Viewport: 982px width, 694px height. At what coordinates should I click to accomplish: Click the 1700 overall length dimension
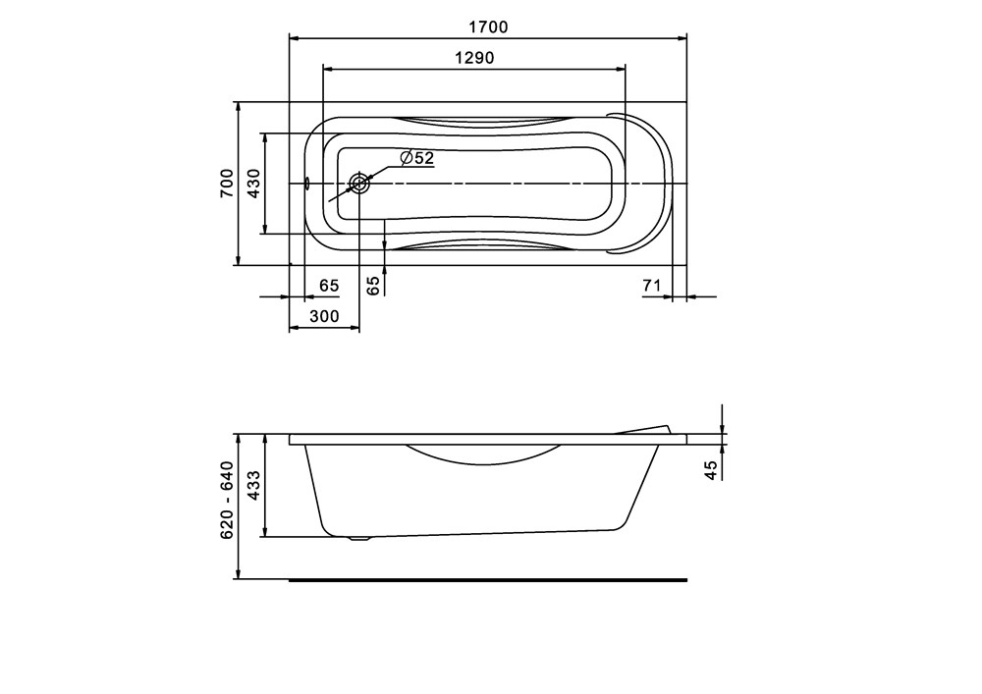pos(488,27)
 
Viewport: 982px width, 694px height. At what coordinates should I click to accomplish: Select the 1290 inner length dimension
pos(474,58)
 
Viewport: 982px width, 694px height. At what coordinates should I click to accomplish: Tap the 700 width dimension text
pos(226,184)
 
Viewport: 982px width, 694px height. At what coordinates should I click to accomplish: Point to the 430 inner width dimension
pos(252,184)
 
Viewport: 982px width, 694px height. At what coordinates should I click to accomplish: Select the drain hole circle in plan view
pos(360,184)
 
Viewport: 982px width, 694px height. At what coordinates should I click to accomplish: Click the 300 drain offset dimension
pos(324,316)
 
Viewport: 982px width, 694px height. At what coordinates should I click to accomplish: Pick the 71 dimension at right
pos(649,286)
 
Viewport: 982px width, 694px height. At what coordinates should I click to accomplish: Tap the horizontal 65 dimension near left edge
pos(329,286)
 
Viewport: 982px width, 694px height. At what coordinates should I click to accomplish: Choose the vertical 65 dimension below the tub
pos(372,286)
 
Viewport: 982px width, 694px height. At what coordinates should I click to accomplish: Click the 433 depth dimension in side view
pos(252,485)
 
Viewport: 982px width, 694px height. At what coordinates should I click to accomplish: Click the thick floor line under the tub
pos(488,579)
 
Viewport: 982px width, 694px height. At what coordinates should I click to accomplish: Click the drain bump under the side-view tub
pos(360,538)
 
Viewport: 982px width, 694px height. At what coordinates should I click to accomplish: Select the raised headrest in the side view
pos(643,429)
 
